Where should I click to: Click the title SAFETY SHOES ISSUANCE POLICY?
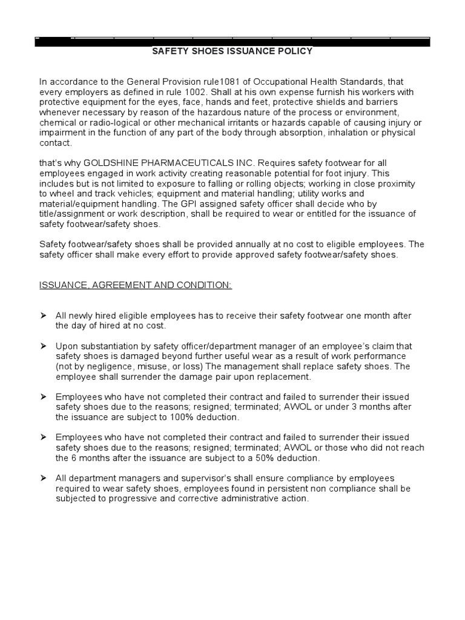click(x=232, y=51)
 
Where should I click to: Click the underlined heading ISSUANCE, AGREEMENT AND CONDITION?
click(x=136, y=285)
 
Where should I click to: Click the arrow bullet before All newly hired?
click(x=44, y=315)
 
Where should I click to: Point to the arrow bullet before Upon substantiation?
click(x=44, y=346)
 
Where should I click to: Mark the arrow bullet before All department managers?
click(x=44, y=478)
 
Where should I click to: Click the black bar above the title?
click(x=232, y=42)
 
